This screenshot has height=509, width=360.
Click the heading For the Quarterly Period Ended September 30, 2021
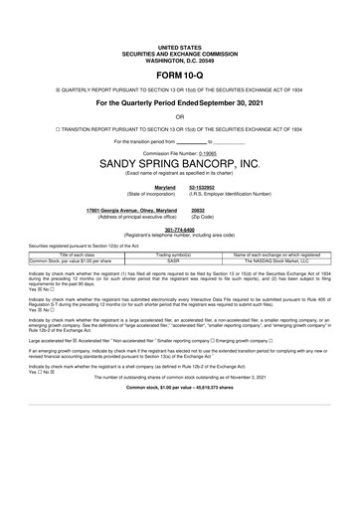[x=180, y=101]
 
